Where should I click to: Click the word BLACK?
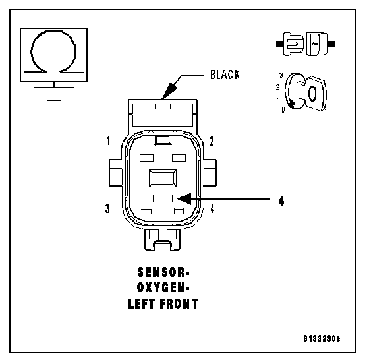point(225,75)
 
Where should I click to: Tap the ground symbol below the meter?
point(53,94)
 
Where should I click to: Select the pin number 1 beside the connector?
point(108,140)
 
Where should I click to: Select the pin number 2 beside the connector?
point(212,141)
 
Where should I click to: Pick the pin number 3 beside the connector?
point(107,208)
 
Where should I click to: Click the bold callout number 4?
point(281,201)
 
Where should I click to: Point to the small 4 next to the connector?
point(212,208)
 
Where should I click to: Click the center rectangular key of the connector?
point(163,178)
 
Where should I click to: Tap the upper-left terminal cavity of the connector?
point(146,158)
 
